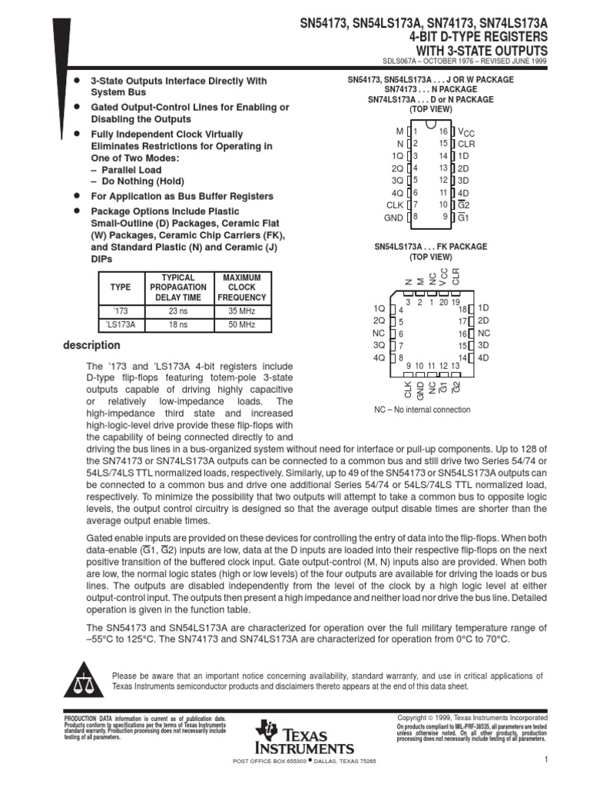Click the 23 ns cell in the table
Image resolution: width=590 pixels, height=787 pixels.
click(178, 311)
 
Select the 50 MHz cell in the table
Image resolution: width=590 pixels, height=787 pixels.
click(242, 325)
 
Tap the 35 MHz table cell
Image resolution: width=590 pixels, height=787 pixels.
click(242, 311)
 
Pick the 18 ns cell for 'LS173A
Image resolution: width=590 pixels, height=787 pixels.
click(178, 325)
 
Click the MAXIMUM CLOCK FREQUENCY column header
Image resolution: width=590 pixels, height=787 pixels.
click(242, 287)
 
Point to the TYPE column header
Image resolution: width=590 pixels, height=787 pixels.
click(121, 287)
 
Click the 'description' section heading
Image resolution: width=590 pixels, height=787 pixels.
click(91, 346)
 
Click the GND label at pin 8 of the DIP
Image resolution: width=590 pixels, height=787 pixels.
click(394, 218)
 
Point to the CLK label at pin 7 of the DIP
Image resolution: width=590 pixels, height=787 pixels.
click(394, 205)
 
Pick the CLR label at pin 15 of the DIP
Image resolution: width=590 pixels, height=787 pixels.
click(466, 144)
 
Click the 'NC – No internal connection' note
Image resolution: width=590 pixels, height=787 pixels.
click(423, 410)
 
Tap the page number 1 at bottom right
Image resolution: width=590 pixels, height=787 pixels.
click(543, 760)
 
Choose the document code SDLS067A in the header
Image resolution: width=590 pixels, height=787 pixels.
click(426, 61)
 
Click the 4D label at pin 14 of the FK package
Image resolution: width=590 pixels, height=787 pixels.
click(483, 357)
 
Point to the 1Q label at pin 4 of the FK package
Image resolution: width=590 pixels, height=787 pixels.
click(379, 307)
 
